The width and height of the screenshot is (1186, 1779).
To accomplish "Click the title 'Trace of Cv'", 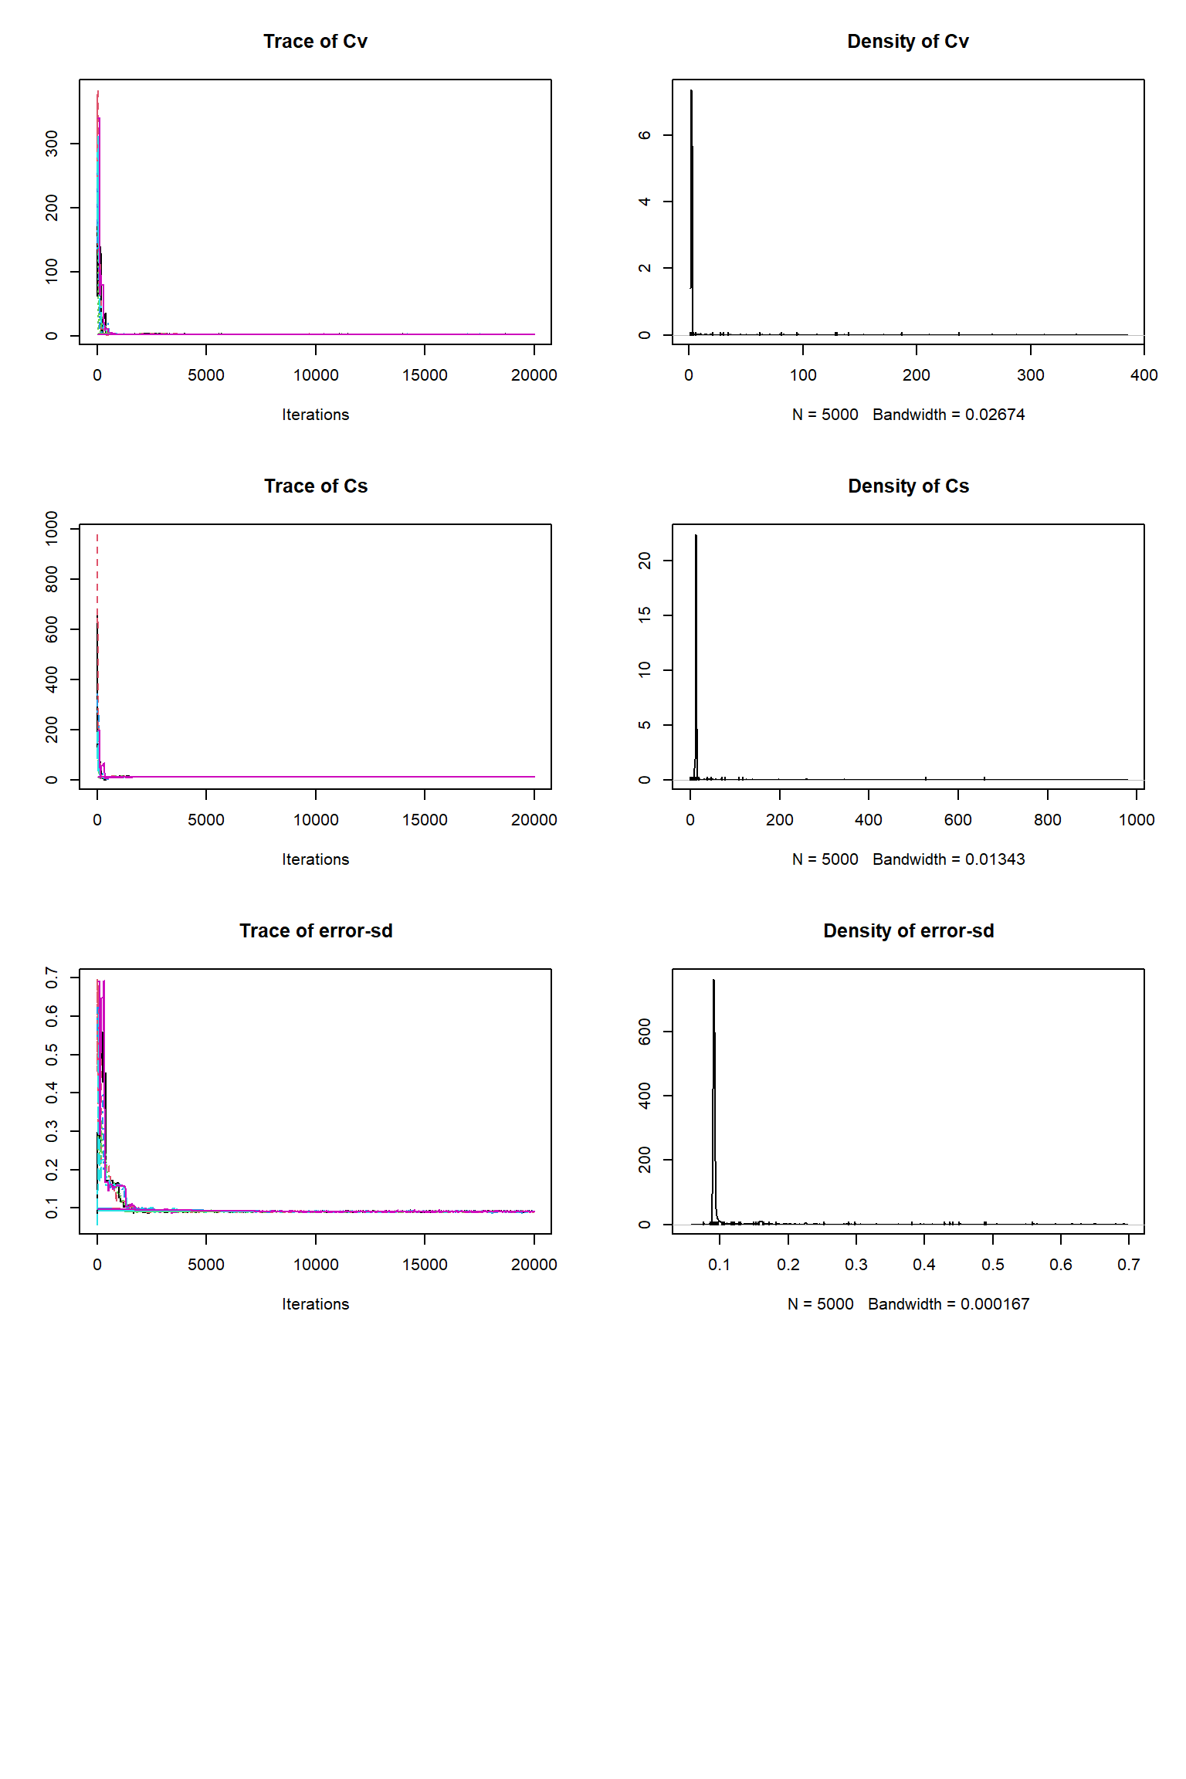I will pos(315,42).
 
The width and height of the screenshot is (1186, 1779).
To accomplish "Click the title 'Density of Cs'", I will pos(908,486).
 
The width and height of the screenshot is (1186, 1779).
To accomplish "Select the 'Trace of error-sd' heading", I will pos(315,931).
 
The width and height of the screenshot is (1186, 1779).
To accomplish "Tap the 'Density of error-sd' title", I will pos(908,931).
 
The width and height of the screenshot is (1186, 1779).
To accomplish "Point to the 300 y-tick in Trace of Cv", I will pos(52,144).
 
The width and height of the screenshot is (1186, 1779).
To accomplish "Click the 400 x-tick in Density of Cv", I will pos(1144,375).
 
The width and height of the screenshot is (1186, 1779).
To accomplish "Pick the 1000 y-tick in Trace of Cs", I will pos(52,529).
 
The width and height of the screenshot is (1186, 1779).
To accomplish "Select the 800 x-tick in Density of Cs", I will pos(1047,820).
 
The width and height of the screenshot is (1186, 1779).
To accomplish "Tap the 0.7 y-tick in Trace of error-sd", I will pos(52,978).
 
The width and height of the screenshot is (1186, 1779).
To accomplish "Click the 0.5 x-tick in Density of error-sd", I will pos(993,1265).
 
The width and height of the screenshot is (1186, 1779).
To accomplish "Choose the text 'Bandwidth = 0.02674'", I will pos(949,415).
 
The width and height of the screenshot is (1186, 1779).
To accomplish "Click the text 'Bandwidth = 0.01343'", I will pos(949,859).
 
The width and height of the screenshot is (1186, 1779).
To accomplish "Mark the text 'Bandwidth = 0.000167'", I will pos(949,1304).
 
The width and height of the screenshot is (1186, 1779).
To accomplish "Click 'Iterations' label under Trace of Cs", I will pos(315,859).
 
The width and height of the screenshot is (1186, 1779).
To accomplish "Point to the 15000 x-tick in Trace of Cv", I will pos(425,375).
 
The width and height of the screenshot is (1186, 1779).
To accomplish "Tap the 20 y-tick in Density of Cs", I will pos(645,560).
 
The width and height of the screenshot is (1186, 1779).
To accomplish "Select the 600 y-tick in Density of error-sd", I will pos(645,1032).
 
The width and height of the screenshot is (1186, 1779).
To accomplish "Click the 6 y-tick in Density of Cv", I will pos(645,135).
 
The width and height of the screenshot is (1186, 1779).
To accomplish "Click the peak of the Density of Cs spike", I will pos(696,536).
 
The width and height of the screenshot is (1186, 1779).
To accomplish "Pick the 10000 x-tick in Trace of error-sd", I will pos(316,1265).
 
